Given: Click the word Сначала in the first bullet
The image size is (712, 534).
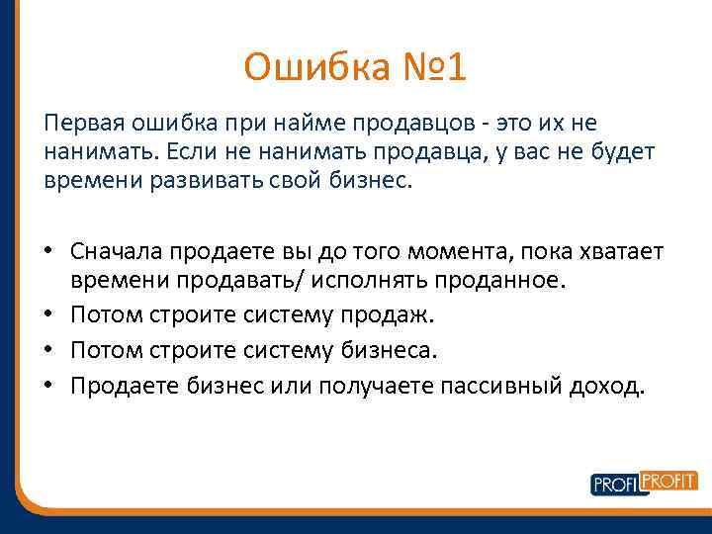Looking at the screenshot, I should pyautogui.click(x=117, y=251).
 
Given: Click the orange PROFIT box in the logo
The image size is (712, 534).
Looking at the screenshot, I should pyautogui.click(x=669, y=480).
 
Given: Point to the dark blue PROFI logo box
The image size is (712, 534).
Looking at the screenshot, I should pyautogui.click(x=615, y=485).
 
